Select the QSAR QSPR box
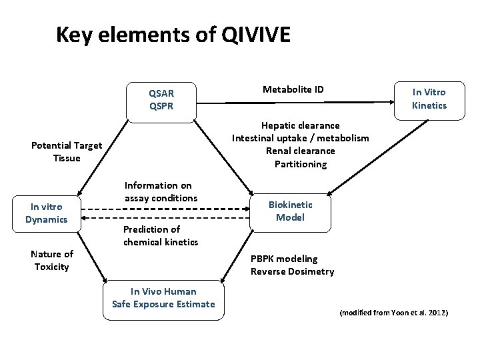(162, 99)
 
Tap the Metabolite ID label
(293, 89)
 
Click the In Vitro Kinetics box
(429, 99)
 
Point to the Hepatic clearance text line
(300, 125)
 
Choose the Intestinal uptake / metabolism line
(300, 138)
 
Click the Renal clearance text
(300, 151)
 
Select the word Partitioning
(300, 164)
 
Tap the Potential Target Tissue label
(67, 152)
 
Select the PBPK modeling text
(284, 259)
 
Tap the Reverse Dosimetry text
(293, 271)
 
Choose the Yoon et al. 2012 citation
(394, 313)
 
